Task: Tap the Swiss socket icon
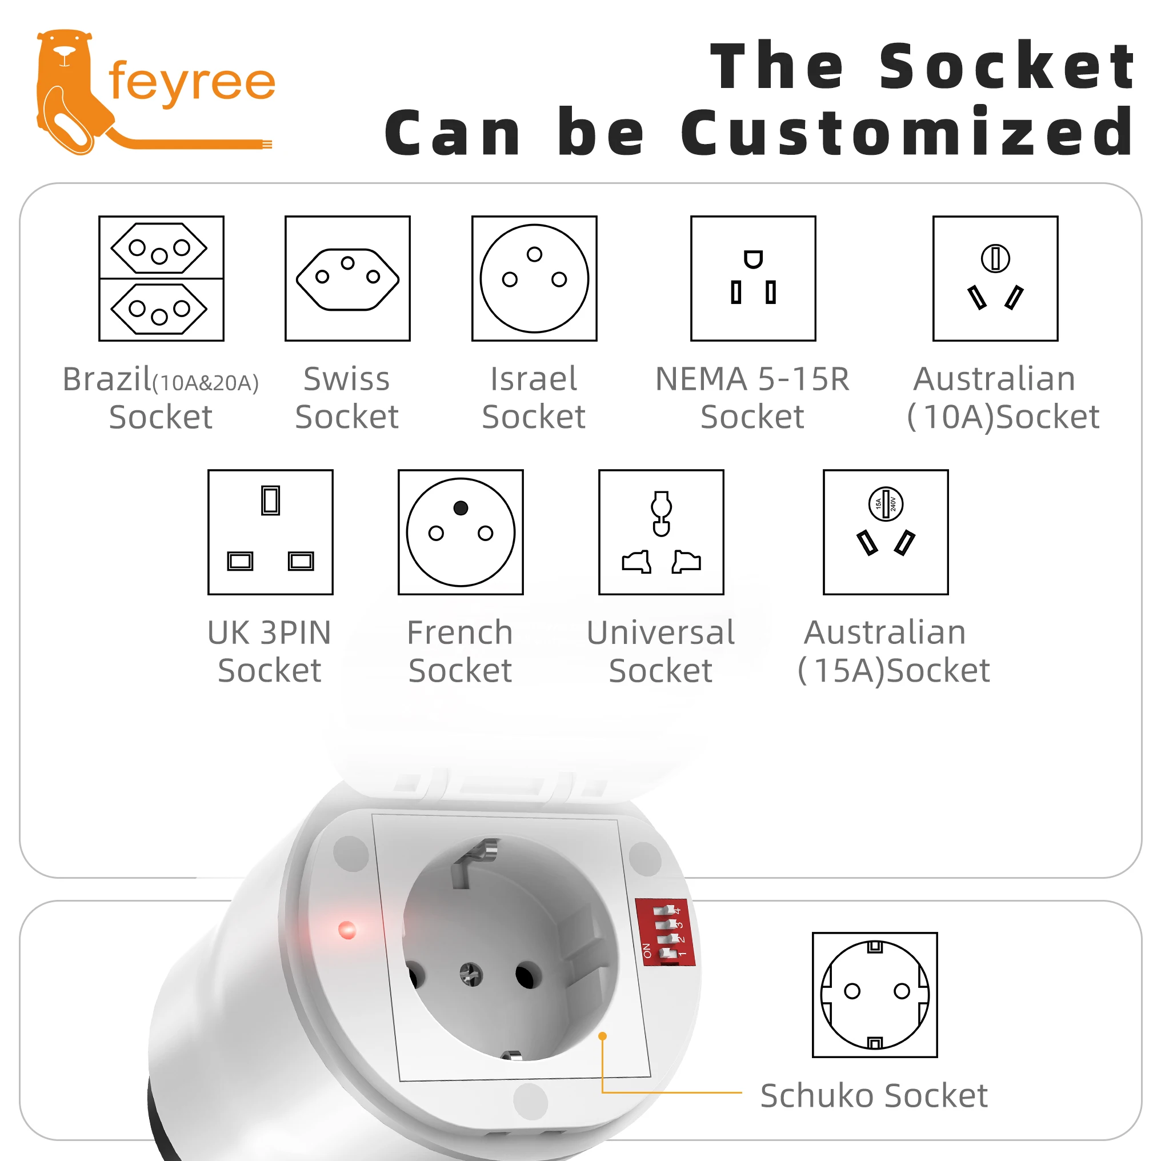(347, 278)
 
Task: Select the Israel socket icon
(534, 278)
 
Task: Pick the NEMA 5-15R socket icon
(753, 278)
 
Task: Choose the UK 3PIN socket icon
(270, 532)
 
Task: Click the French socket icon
(461, 532)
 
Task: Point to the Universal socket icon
(661, 532)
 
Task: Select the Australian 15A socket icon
(886, 532)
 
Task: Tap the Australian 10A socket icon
(995, 278)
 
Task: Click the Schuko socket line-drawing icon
(874, 995)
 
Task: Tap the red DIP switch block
(664, 931)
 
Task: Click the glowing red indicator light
(347, 930)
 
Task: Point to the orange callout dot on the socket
(602, 1036)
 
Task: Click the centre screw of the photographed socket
(471, 974)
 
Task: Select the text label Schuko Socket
(874, 1095)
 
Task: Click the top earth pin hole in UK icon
(270, 500)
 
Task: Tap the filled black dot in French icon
(461, 508)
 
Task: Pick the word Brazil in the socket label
(107, 379)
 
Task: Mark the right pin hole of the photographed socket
(528, 975)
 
